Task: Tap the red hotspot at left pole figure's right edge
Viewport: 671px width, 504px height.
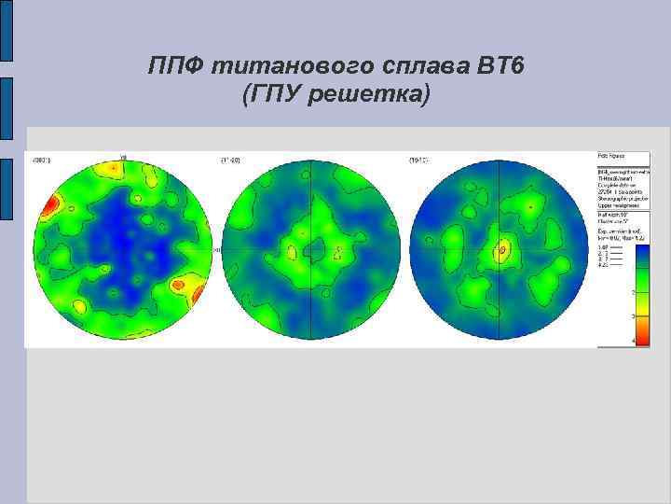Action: tap(199, 293)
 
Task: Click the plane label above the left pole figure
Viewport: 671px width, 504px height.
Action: tap(42, 160)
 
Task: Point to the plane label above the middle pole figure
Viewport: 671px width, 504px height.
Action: tap(230, 160)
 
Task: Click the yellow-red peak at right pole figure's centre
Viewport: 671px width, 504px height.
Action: tap(504, 249)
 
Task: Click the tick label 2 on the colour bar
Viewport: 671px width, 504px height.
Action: tap(635, 293)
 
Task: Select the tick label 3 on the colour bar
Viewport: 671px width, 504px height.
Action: tap(635, 317)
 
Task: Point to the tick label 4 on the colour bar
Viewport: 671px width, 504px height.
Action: tap(635, 342)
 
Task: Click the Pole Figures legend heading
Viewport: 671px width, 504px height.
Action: tap(611, 155)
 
